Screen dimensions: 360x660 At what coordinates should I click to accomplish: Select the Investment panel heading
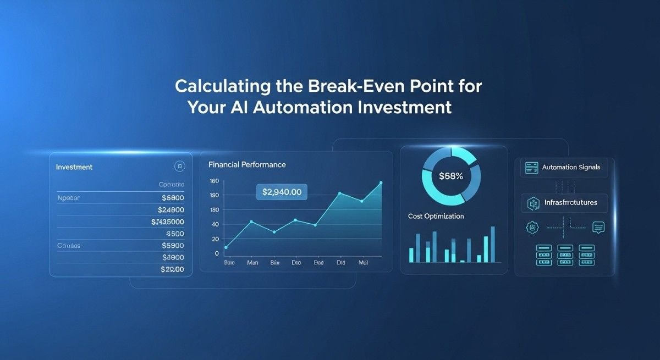click(x=74, y=167)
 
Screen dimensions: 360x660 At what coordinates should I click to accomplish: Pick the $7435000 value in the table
click(x=167, y=221)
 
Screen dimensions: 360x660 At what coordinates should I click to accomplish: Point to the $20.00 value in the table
click(x=172, y=269)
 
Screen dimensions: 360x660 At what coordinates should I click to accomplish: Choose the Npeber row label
click(x=68, y=197)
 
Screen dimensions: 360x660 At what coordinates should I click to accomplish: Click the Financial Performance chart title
click(x=247, y=164)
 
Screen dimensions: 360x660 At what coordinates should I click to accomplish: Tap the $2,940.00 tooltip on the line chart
click(x=282, y=192)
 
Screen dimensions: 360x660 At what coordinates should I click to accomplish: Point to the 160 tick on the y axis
click(x=214, y=181)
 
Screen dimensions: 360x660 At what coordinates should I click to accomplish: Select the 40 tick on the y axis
click(x=214, y=224)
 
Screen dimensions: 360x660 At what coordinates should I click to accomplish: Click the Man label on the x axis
click(x=252, y=263)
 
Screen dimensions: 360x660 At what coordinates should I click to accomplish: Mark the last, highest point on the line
click(x=381, y=183)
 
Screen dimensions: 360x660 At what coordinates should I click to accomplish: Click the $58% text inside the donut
click(x=451, y=176)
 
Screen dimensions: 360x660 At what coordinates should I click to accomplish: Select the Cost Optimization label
click(x=436, y=216)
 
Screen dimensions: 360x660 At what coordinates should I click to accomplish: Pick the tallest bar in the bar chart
click(x=492, y=244)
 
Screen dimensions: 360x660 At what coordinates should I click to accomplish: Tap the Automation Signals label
click(x=571, y=167)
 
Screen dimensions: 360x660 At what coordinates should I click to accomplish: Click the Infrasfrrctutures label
click(x=570, y=203)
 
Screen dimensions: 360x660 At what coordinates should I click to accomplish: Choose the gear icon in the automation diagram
click(x=531, y=226)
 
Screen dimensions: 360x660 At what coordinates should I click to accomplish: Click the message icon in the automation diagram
click(x=598, y=226)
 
